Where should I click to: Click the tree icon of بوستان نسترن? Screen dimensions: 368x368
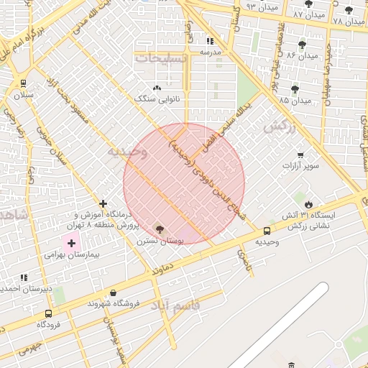160,229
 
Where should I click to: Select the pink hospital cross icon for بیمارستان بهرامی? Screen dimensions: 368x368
71,243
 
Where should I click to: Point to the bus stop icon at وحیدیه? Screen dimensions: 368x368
267,231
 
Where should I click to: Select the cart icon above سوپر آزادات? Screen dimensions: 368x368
300,155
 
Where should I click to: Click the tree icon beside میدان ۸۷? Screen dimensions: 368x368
308,4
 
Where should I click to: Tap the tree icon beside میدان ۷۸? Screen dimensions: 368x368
349,10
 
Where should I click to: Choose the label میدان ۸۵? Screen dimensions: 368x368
295,101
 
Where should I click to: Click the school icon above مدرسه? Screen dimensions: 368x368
211,41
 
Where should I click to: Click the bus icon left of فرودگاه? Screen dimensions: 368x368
48,313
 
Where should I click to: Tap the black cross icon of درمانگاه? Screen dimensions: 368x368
103,204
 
